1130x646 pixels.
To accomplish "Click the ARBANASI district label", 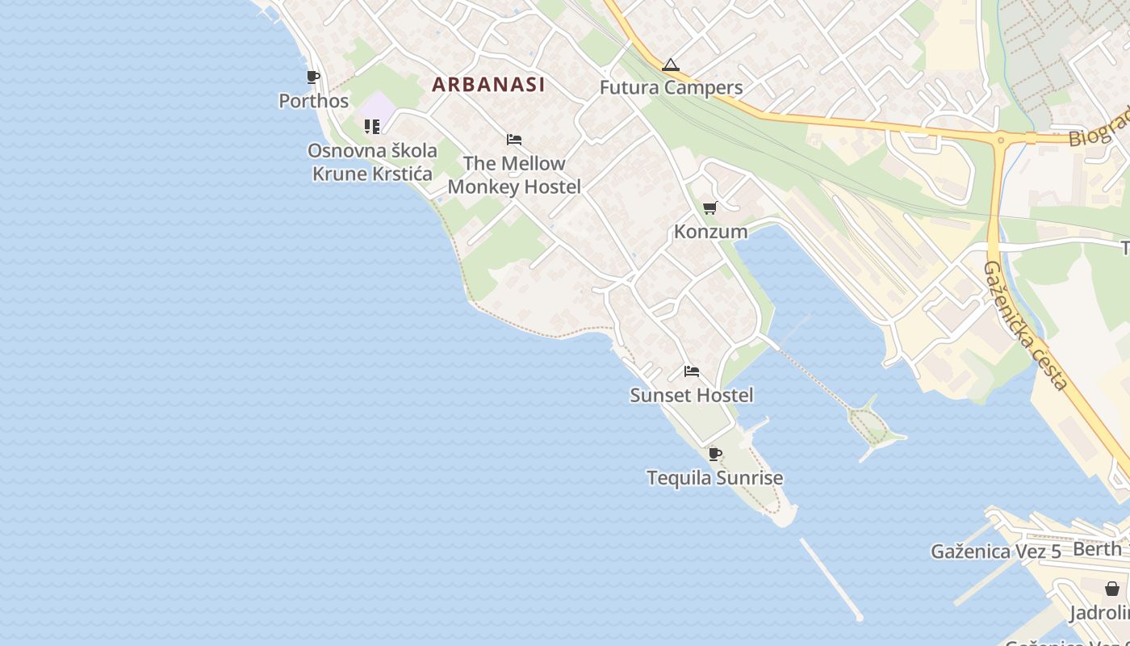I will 488,84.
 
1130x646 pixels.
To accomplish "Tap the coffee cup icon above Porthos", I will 313,78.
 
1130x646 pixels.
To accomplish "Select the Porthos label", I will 313,101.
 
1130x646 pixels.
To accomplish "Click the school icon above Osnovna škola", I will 371,126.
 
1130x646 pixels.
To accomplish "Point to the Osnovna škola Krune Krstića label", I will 373,161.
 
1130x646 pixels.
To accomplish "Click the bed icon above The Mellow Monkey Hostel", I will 514,140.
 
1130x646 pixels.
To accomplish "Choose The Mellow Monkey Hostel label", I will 514,174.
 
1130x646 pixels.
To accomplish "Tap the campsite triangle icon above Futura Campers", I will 671,65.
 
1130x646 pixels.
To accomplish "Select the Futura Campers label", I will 671,87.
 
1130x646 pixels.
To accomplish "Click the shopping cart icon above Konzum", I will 710,208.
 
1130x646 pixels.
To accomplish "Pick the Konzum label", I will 710,232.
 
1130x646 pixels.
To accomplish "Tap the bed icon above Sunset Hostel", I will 692,371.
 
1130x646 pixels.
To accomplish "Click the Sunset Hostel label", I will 692,395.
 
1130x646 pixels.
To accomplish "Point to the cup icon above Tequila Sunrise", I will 715,454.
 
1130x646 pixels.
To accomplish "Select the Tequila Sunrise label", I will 715,478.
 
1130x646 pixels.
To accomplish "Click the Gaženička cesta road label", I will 1027,325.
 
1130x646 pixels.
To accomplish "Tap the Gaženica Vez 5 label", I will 995,552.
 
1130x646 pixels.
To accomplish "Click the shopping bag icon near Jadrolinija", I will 1112,588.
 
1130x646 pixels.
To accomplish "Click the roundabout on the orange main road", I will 1001,140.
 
